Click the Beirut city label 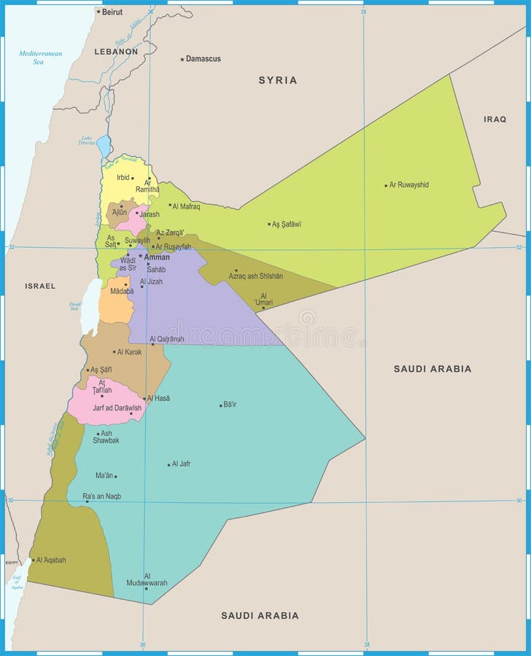(x=112, y=12)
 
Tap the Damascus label (x=203, y=58)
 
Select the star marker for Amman (x=139, y=256)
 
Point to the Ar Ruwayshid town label (x=409, y=185)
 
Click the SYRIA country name (x=278, y=80)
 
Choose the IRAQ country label (x=495, y=119)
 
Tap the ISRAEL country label (x=40, y=286)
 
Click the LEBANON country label (x=116, y=52)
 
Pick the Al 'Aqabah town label (x=51, y=560)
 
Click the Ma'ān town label (x=105, y=476)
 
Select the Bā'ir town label (x=230, y=404)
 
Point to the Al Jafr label (x=181, y=464)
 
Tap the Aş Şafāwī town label (x=287, y=224)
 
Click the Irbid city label (x=123, y=177)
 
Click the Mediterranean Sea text (x=41, y=58)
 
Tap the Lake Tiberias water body (x=104, y=147)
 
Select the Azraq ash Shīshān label (x=255, y=276)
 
